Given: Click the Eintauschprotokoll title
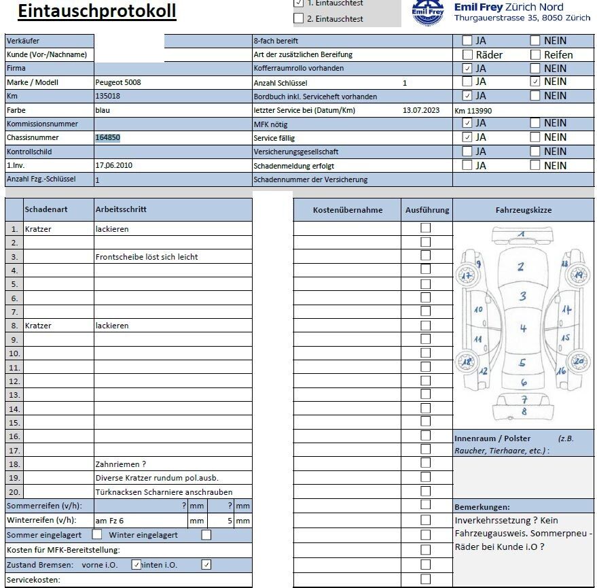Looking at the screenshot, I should click(x=96, y=12).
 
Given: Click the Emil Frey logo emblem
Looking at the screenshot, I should click(x=429, y=12).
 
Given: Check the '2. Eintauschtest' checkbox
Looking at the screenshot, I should click(x=299, y=18).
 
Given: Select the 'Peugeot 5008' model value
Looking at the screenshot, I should click(x=118, y=82).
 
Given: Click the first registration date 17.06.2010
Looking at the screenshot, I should click(x=115, y=165).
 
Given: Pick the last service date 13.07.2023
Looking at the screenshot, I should click(x=421, y=110).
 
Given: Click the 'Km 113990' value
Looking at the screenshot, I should click(x=473, y=111).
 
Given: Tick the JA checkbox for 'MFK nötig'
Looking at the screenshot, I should click(x=467, y=123).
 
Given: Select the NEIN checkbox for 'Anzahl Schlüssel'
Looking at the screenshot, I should click(x=535, y=82).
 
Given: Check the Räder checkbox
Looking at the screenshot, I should click(x=467, y=54).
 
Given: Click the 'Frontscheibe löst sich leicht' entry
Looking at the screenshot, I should click(x=147, y=257).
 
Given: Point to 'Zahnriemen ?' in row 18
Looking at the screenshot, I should click(x=121, y=464).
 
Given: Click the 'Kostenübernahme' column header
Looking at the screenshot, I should click(x=348, y=210).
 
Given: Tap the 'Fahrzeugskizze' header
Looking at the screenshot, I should click(x=523, y=210).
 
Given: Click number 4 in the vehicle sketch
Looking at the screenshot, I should click(x=523, y=329).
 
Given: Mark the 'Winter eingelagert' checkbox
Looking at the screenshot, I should click(x=206, y=535).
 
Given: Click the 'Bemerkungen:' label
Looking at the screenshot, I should click(x=482, y=507).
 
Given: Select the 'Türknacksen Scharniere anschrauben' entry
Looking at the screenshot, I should click(x=164, y=492).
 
